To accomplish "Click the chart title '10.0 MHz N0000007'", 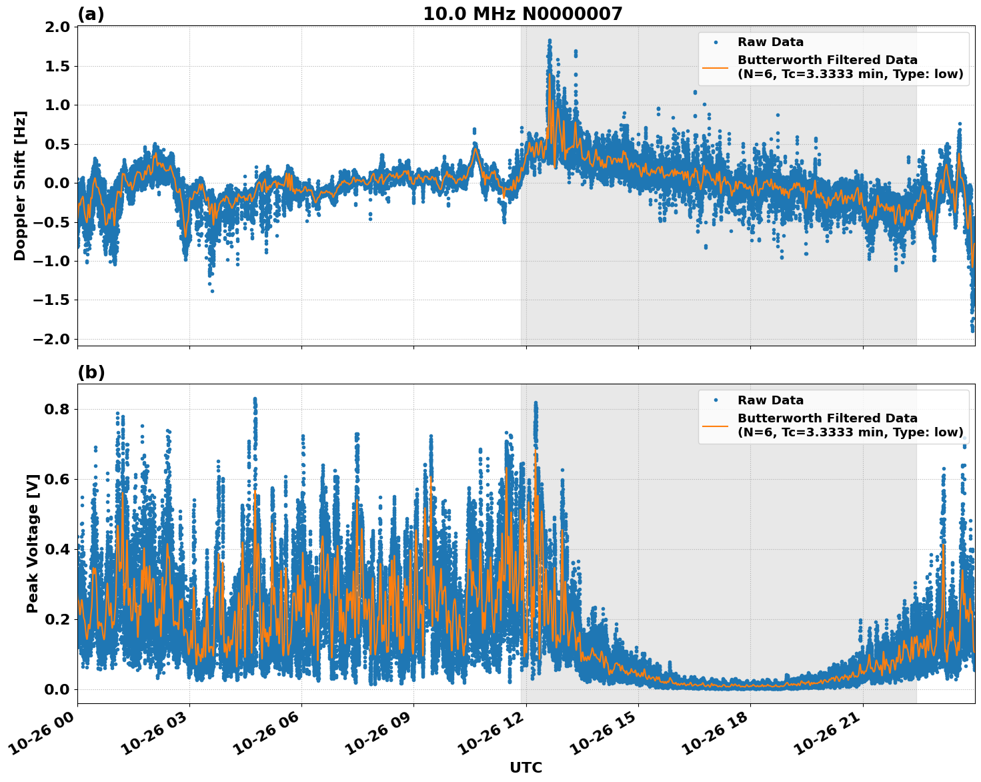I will [522, 14].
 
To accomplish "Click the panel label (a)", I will [91, 14].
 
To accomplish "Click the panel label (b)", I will [91, 372].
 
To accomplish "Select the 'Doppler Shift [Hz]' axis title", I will [20, 185].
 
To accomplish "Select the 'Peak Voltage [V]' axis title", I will [33, 543].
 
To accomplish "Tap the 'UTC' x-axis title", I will [526, 767].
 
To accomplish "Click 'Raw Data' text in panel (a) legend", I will [770, 42].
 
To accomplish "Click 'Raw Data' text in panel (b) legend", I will [770, 400].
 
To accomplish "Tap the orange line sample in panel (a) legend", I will [715, 67].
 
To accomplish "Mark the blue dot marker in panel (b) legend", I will [715, 400].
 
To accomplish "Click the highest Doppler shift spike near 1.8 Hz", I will [550, 41].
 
